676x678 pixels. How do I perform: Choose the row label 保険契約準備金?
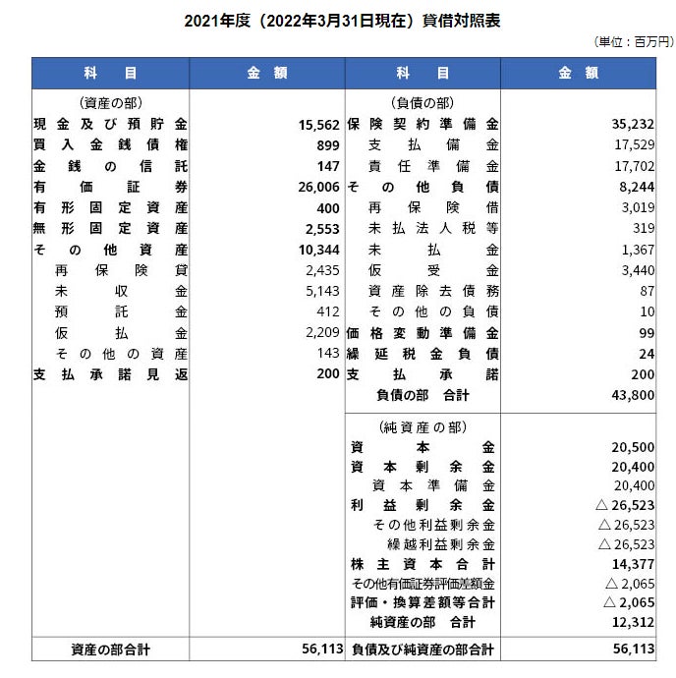[422, 125]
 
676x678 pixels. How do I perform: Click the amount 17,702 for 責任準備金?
[634, 166]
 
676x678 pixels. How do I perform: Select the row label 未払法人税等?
[432, 228]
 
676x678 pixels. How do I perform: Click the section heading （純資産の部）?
[422, 426]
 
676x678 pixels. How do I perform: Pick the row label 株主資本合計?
[422, 563]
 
